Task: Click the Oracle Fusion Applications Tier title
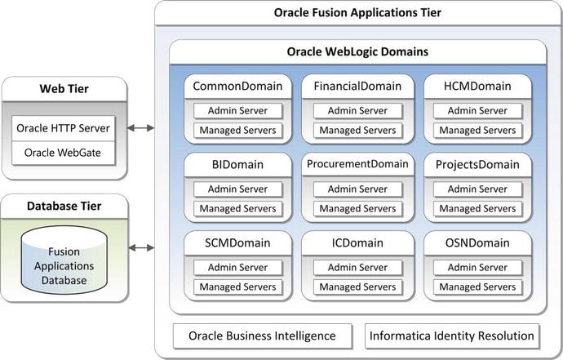click(x=358, y=13)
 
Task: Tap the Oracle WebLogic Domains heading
click(x=358, y=52)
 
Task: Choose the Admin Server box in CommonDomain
click(x=237, y=111)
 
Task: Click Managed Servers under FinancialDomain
click(x=357, y=131)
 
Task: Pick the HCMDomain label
click(x=477, y=86)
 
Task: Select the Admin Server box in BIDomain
click(x=237, y=189)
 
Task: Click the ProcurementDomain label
click(x=357, y=164)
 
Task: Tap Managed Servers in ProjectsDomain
click(x=477, y=209)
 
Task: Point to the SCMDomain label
click(x=237, y=243)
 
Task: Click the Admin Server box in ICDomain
click(x=357, y=268)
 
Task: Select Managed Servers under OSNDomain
click(x=477, y=287)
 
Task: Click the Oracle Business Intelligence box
click(x=262, y=336)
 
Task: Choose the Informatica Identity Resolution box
click(x=452, y=336)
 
